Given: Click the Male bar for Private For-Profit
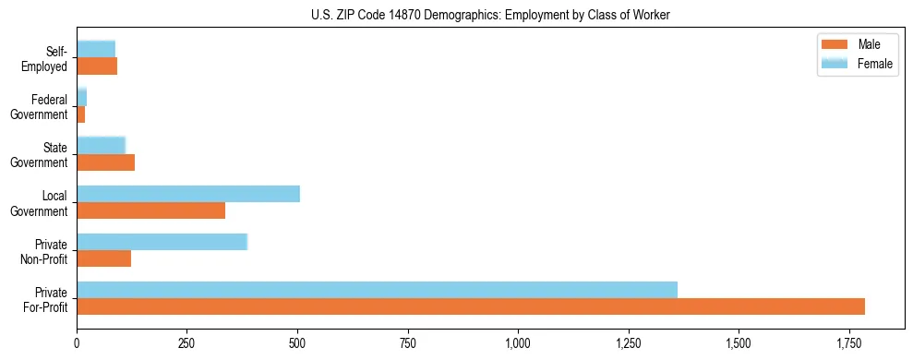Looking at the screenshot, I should [x=471, y=306].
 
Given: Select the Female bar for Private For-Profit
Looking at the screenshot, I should [x=377, y=290].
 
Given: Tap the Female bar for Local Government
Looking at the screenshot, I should [x=188, y=194].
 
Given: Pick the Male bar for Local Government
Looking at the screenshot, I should [x=150, y=210].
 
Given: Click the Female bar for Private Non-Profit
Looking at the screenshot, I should [x=162, y=242].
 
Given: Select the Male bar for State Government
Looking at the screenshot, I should [x=105, y=162].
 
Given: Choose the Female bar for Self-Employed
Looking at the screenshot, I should [x=96, y=49].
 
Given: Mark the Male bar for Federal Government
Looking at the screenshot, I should [x=81, y=114].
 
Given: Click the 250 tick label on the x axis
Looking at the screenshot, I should [x=187, y=342].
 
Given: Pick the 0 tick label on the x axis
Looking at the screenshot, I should [x=77, y=342].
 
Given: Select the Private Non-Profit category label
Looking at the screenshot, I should [x=43, y=251].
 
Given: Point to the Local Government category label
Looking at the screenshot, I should [x=40, y=203].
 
